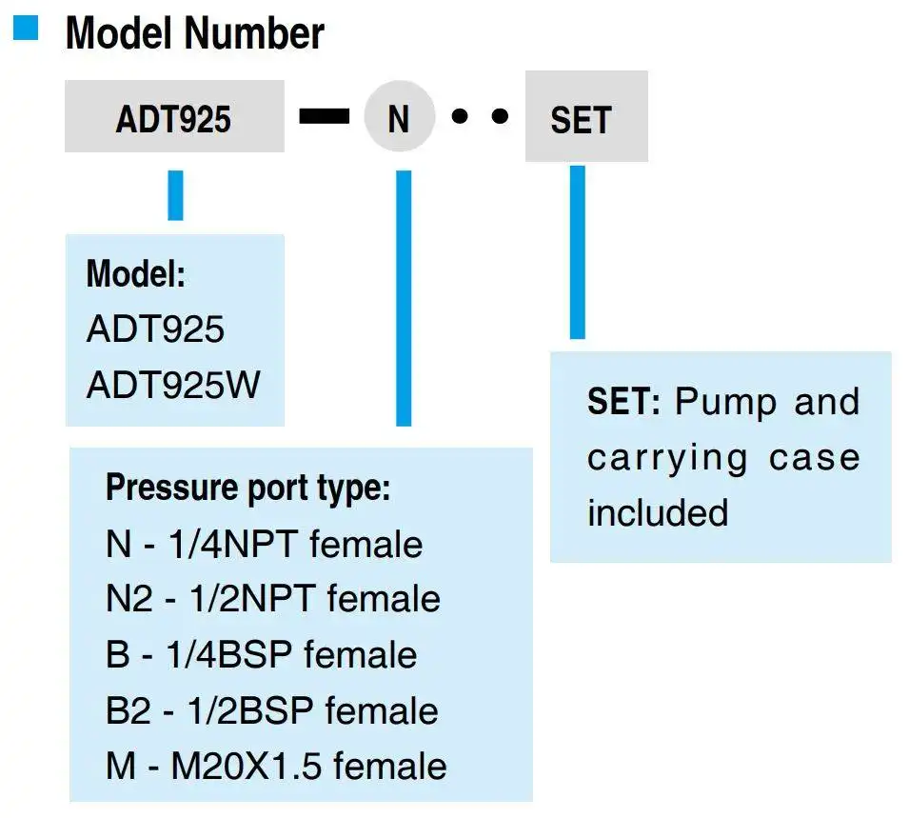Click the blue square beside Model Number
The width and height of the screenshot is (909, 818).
26,28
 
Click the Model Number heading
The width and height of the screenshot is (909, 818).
195,33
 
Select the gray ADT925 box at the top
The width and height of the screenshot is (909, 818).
174,116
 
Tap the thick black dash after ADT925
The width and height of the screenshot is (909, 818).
324,116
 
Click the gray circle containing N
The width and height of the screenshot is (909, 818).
400,116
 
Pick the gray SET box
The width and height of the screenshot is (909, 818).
586,116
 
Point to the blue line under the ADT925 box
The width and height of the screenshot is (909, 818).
175,195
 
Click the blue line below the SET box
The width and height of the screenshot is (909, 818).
578,251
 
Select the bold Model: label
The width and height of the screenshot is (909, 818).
136,273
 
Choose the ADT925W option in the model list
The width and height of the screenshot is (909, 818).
173,384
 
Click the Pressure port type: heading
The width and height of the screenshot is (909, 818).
248,488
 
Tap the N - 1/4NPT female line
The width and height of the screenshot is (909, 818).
265,544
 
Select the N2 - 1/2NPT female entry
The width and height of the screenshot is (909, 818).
273,599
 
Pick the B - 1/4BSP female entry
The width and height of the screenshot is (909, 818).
262,654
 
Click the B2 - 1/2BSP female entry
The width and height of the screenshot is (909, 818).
272,710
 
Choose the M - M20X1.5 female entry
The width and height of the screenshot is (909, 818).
276,766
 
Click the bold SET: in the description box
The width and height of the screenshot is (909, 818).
623,401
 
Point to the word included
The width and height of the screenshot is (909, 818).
658,513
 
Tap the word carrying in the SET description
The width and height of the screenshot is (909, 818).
667,460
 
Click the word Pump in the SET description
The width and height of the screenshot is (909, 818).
726,403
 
